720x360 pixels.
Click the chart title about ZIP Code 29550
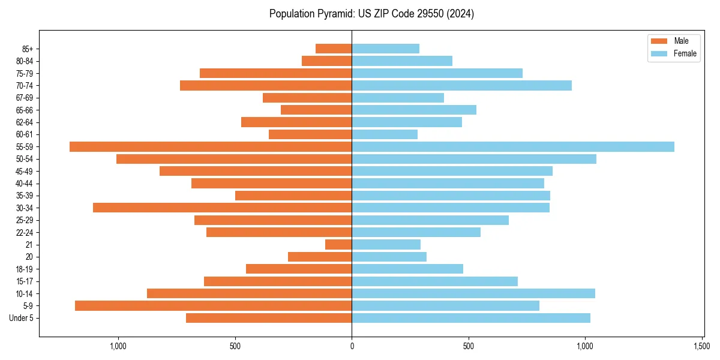(371, 14)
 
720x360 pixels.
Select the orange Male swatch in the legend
(659, 41)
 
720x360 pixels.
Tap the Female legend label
(685, 53)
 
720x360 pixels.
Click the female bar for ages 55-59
(513, 146)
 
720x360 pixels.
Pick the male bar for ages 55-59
(211, 146)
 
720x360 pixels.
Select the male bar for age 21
(338, 244)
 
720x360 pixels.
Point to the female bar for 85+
(385, 49)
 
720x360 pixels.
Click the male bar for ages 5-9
(213, 305)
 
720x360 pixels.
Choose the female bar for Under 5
(471, 318)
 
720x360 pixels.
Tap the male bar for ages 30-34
(222, 208)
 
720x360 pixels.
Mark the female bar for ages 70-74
(461, 85)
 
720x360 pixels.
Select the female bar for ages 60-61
(385, 134)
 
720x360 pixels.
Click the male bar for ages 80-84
(326, 61)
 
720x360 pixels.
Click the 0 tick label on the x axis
(352, 346)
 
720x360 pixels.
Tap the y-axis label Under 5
(21, 318)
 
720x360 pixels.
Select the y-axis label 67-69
(25, 98)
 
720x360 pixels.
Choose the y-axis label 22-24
(25, 232)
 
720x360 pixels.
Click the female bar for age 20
(389, 257)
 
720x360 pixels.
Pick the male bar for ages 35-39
(293, 196)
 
